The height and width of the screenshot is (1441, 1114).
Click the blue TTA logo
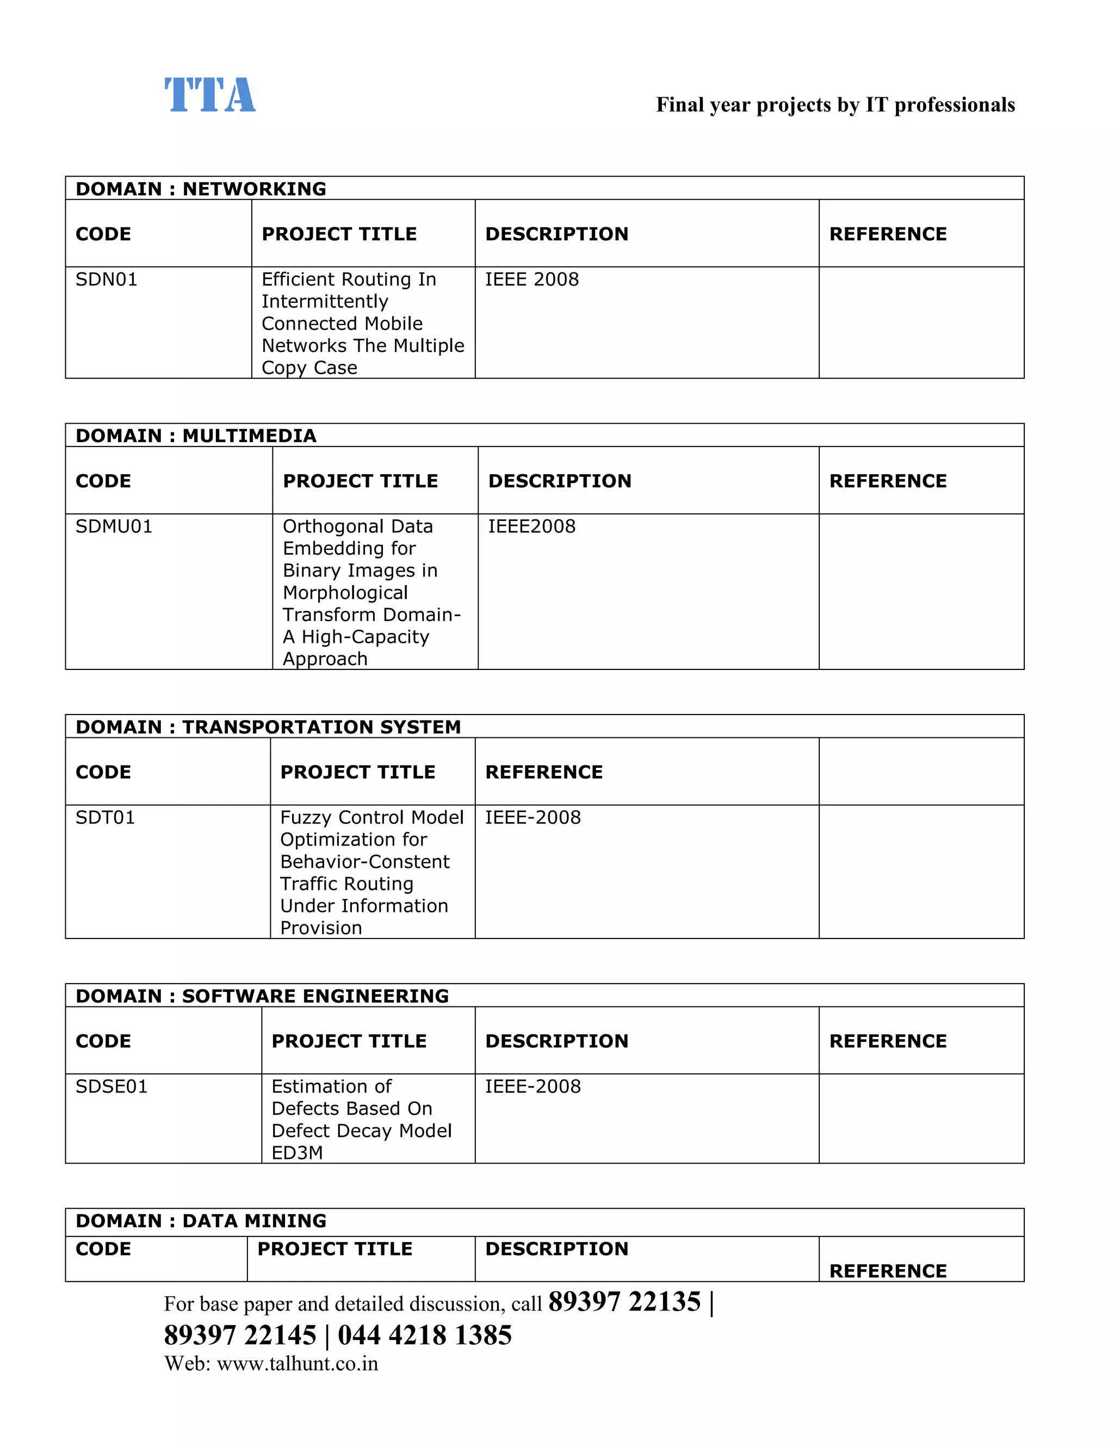[x=210, y=95]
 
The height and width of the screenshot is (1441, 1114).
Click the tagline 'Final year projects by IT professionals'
[x=835, y=105]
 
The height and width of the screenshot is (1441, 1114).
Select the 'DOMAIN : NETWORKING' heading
[x=201, y=189]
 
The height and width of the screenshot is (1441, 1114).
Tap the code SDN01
[x=106, y=279]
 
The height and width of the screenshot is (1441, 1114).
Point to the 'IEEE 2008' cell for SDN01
[x=532, y=279]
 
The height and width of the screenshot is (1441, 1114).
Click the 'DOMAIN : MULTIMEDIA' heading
[x=196, y=436]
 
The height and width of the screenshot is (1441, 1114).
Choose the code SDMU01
[x=114, y=526]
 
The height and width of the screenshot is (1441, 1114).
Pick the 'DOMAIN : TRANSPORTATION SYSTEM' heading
[x=268, y=726]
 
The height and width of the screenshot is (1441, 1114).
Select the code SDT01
[x=105, y=817]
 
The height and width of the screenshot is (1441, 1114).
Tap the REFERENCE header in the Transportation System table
[x=544, y=772]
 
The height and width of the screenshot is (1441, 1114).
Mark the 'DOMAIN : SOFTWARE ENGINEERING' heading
[x=262, y=996]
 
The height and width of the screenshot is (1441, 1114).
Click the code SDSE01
[x=112, y=1086]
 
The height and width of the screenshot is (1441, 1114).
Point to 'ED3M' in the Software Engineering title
[x=297, y=1153]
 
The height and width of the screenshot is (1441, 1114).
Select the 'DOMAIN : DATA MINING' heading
[x=201, y=1221]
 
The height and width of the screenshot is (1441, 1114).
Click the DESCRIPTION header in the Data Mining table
[x=556, y=1249]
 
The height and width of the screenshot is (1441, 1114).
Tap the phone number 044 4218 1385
[x=424, y=1335]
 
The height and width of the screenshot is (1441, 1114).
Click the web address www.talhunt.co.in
[x=297, y=1364]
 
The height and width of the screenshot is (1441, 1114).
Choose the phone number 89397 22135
[x=624, y=1302]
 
